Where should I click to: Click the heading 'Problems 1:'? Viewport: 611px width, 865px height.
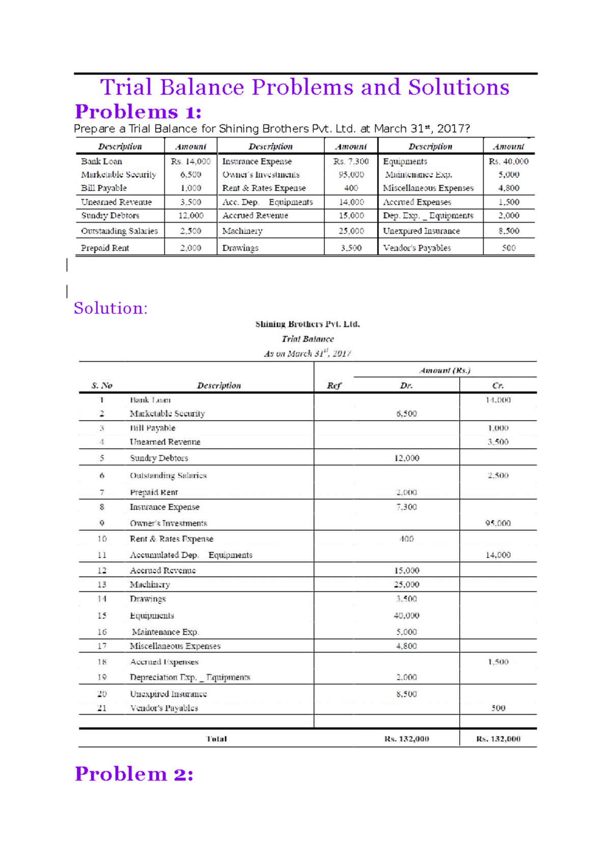(x=138, y=112)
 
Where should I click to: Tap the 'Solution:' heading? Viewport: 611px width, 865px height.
(x=110, y=308)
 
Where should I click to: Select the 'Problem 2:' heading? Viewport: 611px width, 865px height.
(x=134, y=774)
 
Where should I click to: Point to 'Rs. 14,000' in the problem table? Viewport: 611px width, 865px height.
(x=190, y=161)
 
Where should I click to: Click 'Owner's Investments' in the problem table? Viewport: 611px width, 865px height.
(x=261, y=175)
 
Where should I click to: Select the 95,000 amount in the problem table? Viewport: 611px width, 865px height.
(x=351, y=175)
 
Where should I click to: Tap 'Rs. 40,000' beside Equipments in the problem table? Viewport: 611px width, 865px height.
(x=508, y=161)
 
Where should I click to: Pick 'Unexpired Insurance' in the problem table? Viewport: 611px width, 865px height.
(x=421, y=231)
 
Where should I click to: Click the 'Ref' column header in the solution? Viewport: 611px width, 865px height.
(x=334, y=386)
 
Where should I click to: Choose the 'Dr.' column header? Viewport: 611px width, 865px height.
(x=406, y=386)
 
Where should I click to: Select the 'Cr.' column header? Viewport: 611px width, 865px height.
(x=498, y=386)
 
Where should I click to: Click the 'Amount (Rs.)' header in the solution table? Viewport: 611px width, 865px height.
(x=445, y=370)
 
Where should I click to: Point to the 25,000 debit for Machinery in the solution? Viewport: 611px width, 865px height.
(x=406, y=584)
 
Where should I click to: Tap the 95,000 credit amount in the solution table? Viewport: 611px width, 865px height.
(x=498, y=523)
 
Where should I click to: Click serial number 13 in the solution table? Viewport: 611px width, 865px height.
(x=102, y=584)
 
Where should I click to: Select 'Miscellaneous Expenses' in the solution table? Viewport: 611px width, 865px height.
(x=175, y=646)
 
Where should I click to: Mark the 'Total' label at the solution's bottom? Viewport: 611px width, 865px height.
(x=216, y=739)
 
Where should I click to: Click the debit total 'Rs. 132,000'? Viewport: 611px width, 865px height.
(x=406, y=739)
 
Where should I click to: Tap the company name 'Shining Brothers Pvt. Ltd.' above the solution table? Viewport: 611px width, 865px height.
(x=308, y=324)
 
